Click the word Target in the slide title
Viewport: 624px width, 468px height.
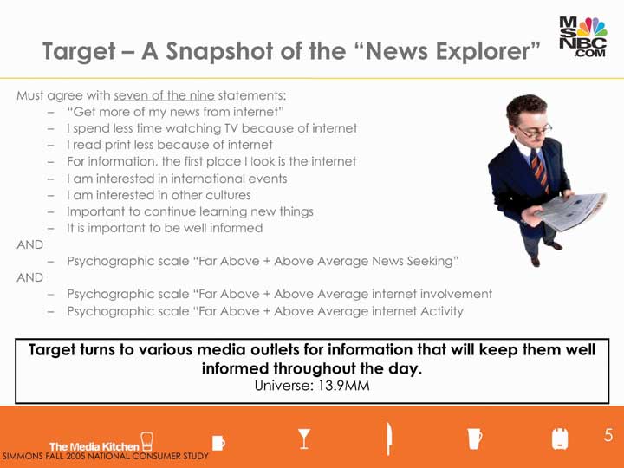[79, 52]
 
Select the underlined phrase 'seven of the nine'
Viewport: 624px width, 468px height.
[164, 95]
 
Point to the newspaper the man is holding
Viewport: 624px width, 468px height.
[571, 211]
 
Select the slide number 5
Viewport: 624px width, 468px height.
[608, 435]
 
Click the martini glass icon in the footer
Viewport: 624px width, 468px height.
[304, 439]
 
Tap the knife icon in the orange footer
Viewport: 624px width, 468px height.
[388, 439]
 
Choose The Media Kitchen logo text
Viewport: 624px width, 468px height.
[94, 446]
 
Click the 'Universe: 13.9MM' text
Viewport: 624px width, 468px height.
[312, 386]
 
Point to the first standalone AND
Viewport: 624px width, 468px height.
[29, 244]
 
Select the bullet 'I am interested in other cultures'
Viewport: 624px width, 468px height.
[159, 195]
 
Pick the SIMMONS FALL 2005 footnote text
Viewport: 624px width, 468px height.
[105, 456]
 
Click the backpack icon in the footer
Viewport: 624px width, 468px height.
[560, 439]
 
